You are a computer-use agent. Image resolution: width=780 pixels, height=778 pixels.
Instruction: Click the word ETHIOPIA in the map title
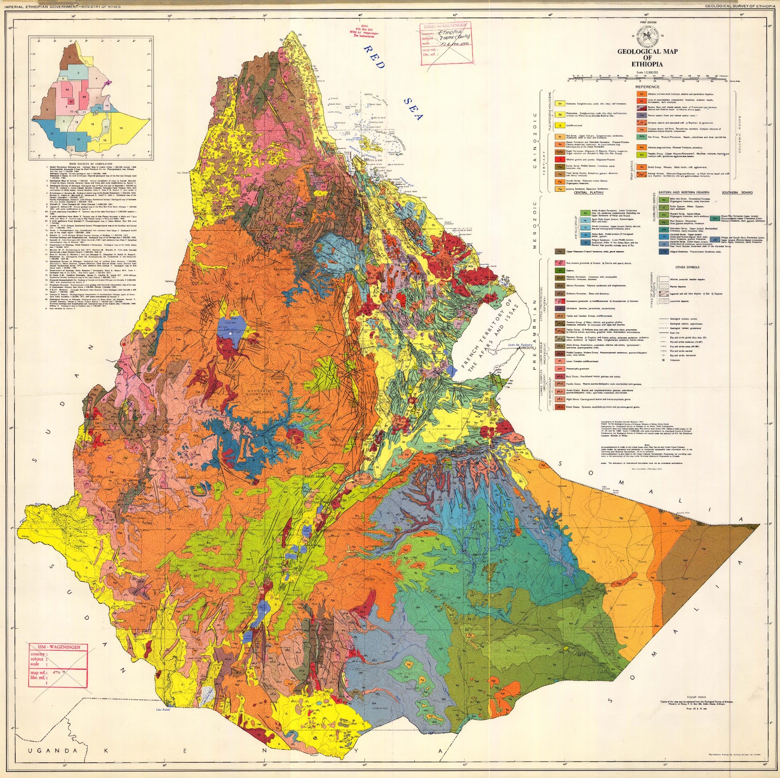pos(647,64)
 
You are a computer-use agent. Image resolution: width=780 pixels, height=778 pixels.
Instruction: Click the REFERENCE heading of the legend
pos(647,87)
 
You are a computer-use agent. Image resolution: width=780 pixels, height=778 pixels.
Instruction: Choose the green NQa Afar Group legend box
pos(642,137)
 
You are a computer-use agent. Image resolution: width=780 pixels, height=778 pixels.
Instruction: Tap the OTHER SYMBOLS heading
pos(687,267)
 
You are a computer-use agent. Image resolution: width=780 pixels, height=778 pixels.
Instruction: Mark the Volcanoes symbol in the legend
pos(663,360)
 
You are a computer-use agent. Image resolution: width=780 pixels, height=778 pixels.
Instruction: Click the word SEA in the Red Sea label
pos(413,108)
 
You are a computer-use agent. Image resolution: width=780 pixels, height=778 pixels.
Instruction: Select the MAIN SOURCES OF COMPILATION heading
pos(91,164)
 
